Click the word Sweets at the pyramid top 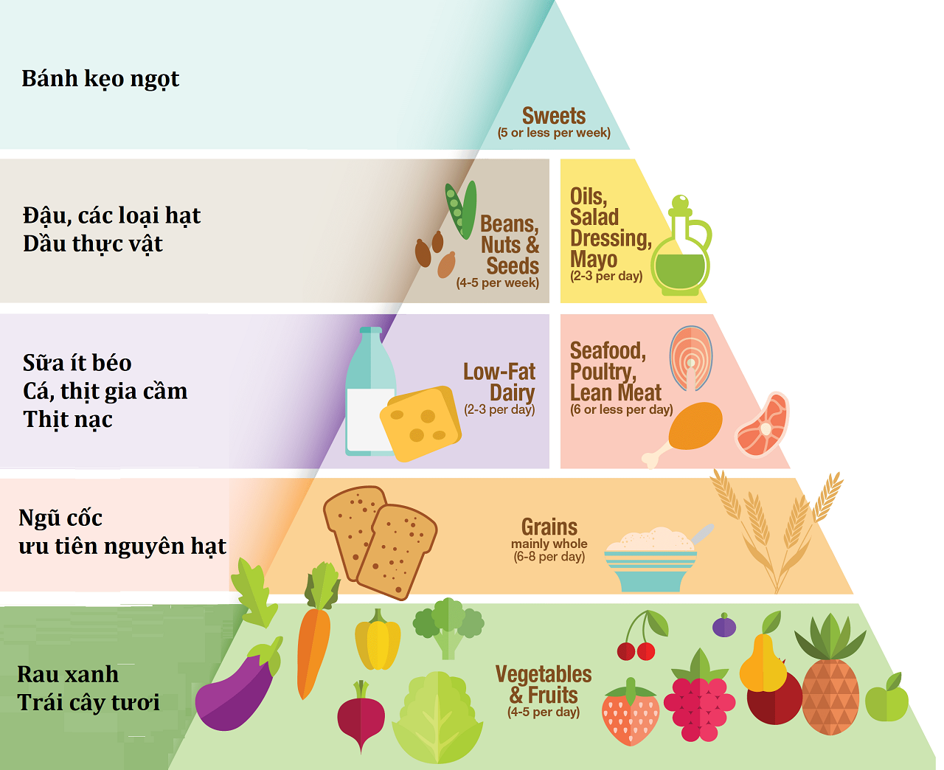coord(553,116)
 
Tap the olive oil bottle coord(681,251)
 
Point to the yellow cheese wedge coord(420,423)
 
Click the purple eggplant coord(236,690)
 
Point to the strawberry coord(631,714)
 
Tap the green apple coord(886,699)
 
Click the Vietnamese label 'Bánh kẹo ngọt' coord(100,79)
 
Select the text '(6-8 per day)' coord(549,557)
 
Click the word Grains coord(549,527)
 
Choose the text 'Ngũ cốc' coord(60,518)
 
